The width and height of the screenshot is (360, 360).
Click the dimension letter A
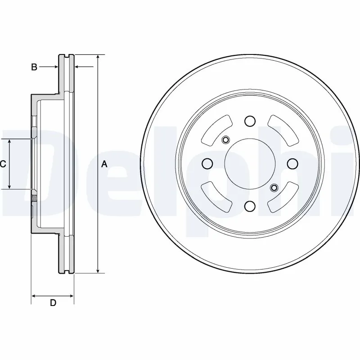click(104, 165)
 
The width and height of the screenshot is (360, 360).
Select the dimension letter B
click(34, 67)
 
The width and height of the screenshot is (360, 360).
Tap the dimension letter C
click(3, 164)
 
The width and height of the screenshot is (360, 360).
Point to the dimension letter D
click(53, 303)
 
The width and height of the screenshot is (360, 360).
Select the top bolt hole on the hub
click(250, 121)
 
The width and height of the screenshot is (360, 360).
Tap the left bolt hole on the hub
click(207, 163)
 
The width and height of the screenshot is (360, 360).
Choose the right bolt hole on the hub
click(292, 163)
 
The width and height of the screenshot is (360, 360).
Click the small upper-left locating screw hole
click(226, 139)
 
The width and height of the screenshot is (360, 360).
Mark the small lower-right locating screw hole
click(274, 188)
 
